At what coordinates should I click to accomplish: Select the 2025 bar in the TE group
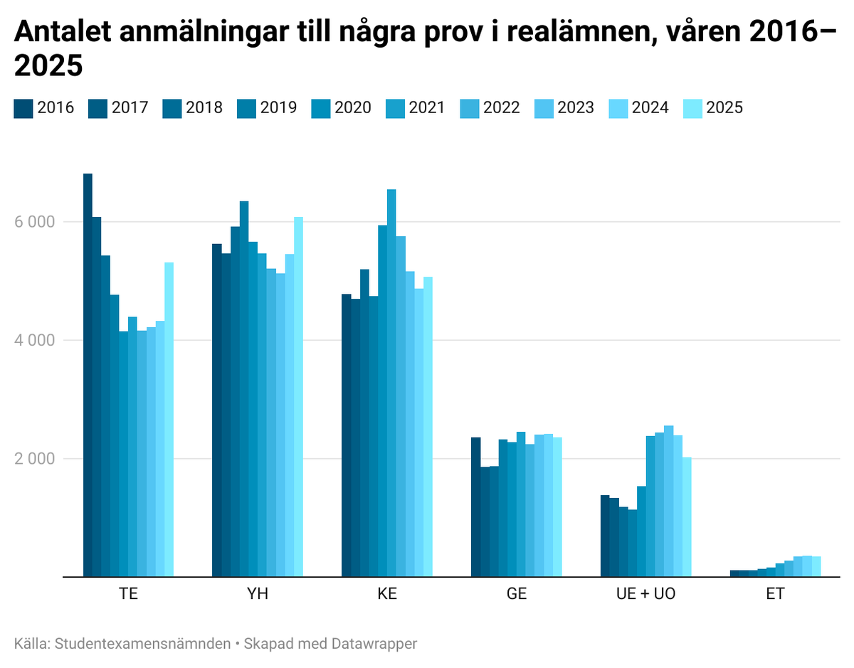169,420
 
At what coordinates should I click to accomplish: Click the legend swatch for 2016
23,107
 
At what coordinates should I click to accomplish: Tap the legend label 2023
575,107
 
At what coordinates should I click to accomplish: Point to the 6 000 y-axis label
34,222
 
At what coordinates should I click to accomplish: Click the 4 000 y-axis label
34,340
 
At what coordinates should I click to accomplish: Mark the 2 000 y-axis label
34,459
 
